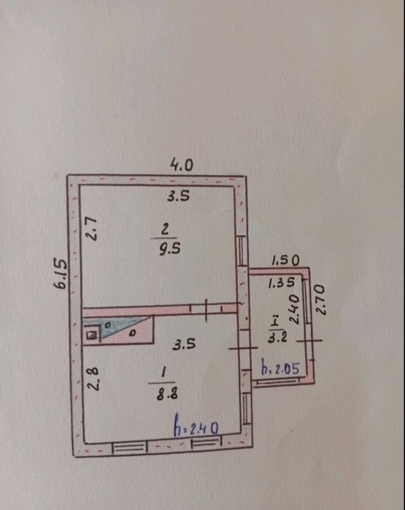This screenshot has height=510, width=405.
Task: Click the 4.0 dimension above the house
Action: pyautogui.click(x=182, y=165)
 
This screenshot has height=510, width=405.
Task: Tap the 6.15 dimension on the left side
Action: pyautogui.click(x=61, y=273)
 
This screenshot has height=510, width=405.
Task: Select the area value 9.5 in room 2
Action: pyautogui.click(x=169, y=249)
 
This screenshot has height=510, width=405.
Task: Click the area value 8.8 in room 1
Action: pyautogui.click(x=167, y=394)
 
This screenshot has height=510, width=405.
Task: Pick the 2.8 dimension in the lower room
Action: pyautogui.click(x=93, y=379)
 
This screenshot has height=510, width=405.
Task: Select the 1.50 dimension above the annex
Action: pyautogui.click(x=285, y=260)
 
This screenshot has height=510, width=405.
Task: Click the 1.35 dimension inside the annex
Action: pyautogui.click(x=282, y=283)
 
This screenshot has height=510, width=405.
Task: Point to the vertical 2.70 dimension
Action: pyautogui.click(x=320, y=300)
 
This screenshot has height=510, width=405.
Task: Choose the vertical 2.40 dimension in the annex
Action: pyautogui.click(x=294, y=309)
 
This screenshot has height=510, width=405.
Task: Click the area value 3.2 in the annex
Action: pyautogui.click(x=277, y=337)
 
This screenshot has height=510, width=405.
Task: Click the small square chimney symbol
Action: pyautogui.click(x=93, y=335)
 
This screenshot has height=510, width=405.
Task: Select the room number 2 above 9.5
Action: pyautogui.click(x=165, y=229)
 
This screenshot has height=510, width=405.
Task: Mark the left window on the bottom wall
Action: pyautogui.click(x=130, y=447)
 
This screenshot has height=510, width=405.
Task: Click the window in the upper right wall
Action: pyautogui.click(x=241, y=251)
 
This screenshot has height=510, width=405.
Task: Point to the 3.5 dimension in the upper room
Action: pyautogui.click(x=178, y=196)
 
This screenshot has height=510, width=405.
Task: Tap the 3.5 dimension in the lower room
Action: pyautogui.click(x=184, y=344)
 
